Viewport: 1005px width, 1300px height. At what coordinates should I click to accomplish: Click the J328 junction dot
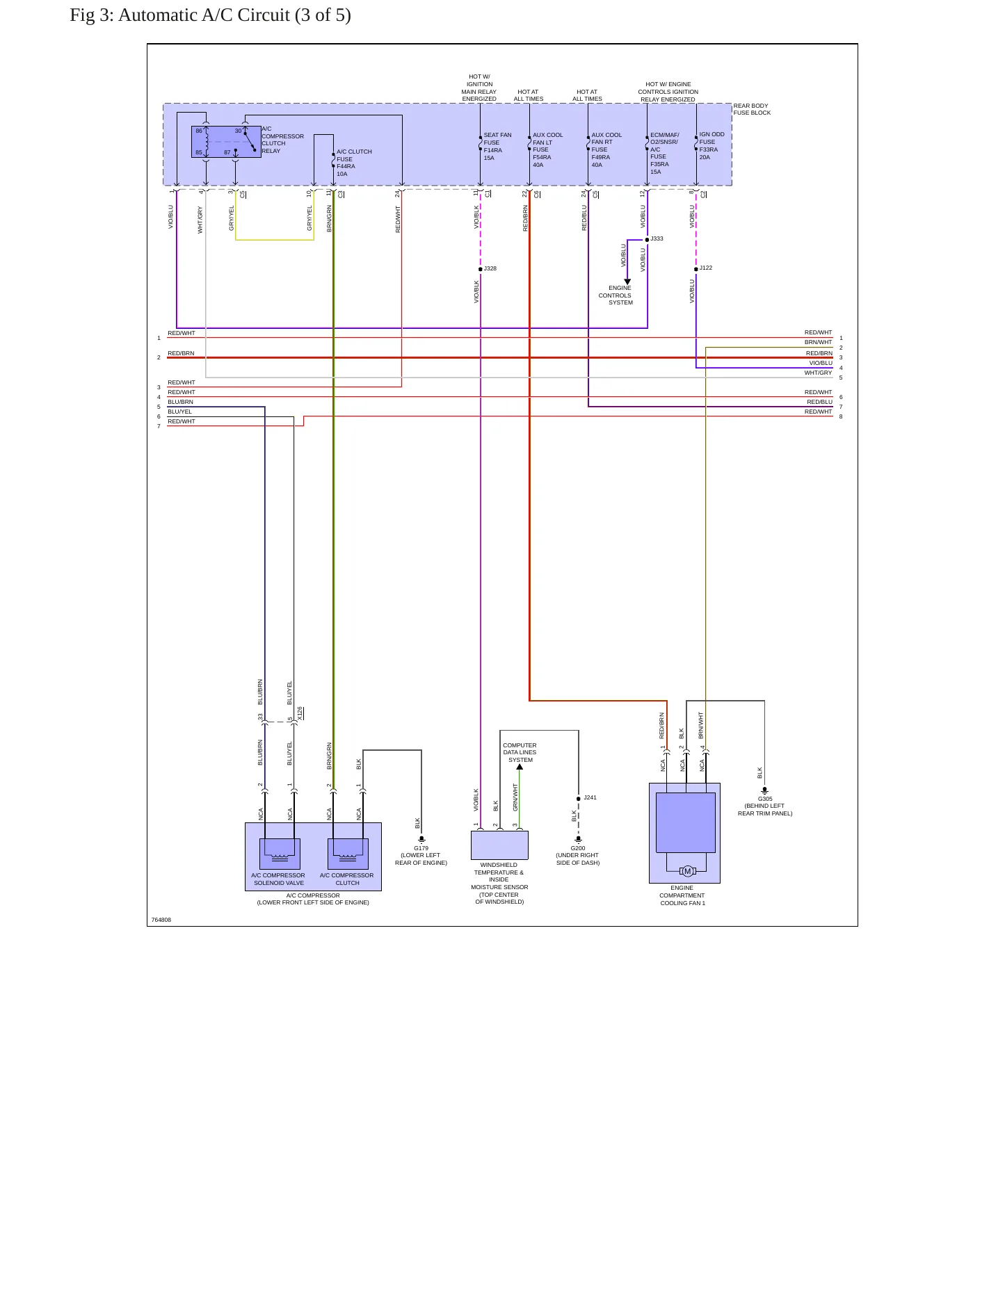(481, 269)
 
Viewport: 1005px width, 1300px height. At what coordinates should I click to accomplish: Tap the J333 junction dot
(648, 239)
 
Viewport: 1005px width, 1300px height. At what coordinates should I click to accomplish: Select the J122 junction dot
(696, 269)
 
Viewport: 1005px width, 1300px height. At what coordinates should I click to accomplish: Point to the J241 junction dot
(579, 799)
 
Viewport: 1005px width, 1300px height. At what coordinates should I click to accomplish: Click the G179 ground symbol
(421, 840)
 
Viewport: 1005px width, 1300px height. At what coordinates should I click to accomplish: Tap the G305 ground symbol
(765, 791)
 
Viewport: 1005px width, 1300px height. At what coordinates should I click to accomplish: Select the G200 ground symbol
(579, 840)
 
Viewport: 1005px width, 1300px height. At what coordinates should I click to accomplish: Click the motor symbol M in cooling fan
(688, 872)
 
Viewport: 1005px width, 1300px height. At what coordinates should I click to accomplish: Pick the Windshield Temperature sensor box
(499, 845)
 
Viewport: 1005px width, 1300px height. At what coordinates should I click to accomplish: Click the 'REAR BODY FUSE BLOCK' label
(752, 109)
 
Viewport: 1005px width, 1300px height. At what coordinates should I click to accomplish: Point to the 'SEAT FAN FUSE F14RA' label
(497, 147)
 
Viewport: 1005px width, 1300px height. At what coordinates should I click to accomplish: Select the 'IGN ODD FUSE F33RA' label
(711, 146)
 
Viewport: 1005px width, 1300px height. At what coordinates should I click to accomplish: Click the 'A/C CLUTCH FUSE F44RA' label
(354, 163)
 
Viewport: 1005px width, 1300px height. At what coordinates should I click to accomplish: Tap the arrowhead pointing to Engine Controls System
(627, 282)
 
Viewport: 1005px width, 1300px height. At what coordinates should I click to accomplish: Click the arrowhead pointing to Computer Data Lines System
(520, 767)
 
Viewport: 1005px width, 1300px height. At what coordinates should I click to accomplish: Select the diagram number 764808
(161, 920)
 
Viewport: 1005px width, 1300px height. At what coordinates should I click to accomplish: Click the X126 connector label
(300, 714)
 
